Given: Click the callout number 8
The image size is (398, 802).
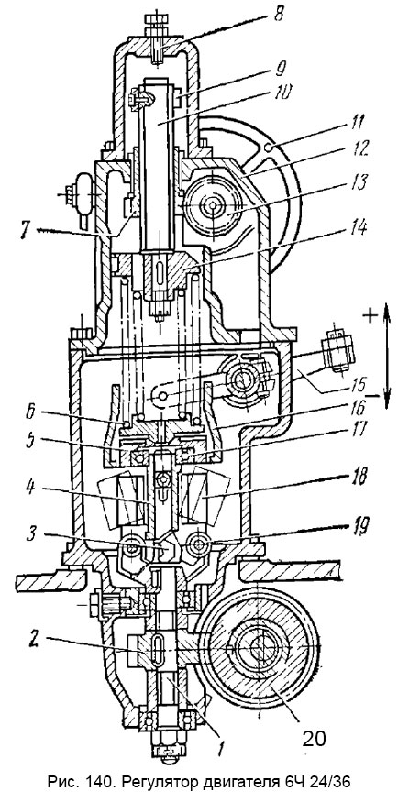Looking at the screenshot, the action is (x=278, y=13).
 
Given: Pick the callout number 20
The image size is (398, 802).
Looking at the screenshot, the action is (x=314, y=738).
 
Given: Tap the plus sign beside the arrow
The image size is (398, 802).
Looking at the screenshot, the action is (x=369, y=315).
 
